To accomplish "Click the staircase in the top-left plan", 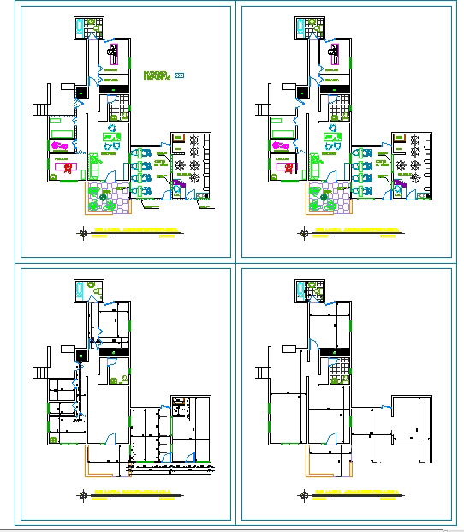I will click(40, 109).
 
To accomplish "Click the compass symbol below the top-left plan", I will click(82, 232).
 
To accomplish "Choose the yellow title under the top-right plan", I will click(354, 232).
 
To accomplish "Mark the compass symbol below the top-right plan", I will click(302, 232).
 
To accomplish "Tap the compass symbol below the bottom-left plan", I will click(82, 494).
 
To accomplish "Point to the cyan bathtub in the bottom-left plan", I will click(78, 290).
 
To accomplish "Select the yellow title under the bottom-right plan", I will click(354, 494).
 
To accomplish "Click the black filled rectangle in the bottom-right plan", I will click(330, 351).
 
